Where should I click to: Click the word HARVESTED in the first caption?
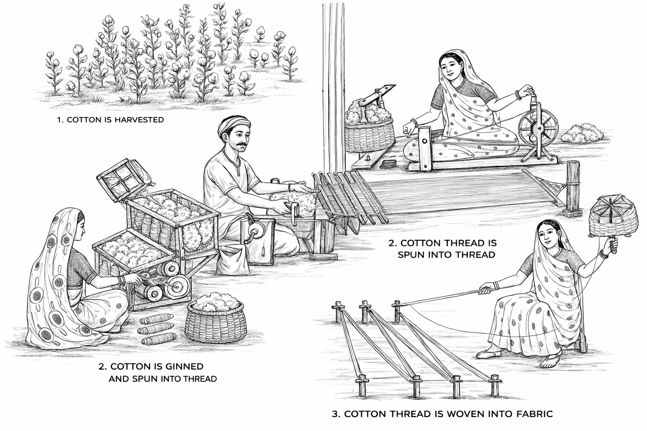point(139,120)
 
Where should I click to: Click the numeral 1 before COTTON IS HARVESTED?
point(59,120)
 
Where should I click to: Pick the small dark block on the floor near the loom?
point(388,165)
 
